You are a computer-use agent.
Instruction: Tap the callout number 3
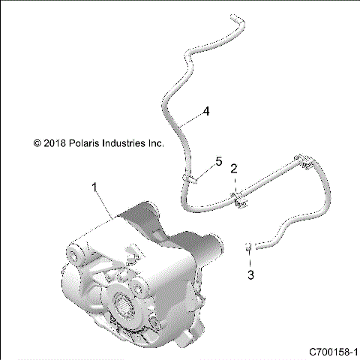coord(250,275)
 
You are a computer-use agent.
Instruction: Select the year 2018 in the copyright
coord(52,142)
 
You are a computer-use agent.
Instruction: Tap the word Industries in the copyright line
coord(124,142)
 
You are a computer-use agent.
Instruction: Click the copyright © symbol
coord(35,142)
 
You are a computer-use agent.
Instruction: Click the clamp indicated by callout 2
coord(239,199)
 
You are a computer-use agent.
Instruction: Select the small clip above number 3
coord(247,245)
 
